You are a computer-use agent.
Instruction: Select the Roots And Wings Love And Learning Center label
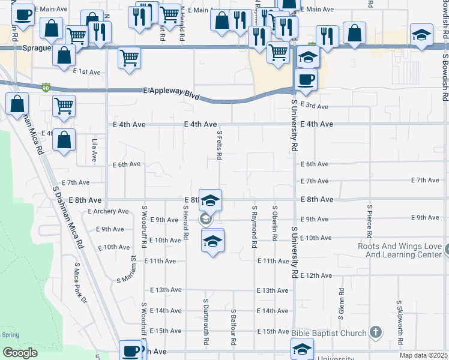coord(399,250)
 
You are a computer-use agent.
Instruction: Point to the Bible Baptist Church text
coord(330,333)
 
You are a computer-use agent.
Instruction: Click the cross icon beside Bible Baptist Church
coord(375,332)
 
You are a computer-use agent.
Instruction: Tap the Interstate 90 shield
coord(46,88)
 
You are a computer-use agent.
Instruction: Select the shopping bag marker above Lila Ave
coord(64,140)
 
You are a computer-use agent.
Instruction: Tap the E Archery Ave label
coord(108,211)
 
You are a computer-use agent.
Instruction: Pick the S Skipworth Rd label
coord(399,316)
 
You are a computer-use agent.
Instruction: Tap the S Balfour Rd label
coord(233,327)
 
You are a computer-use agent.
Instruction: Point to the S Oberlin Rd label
coord(274,223)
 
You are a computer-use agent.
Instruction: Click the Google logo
coord(20,353)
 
